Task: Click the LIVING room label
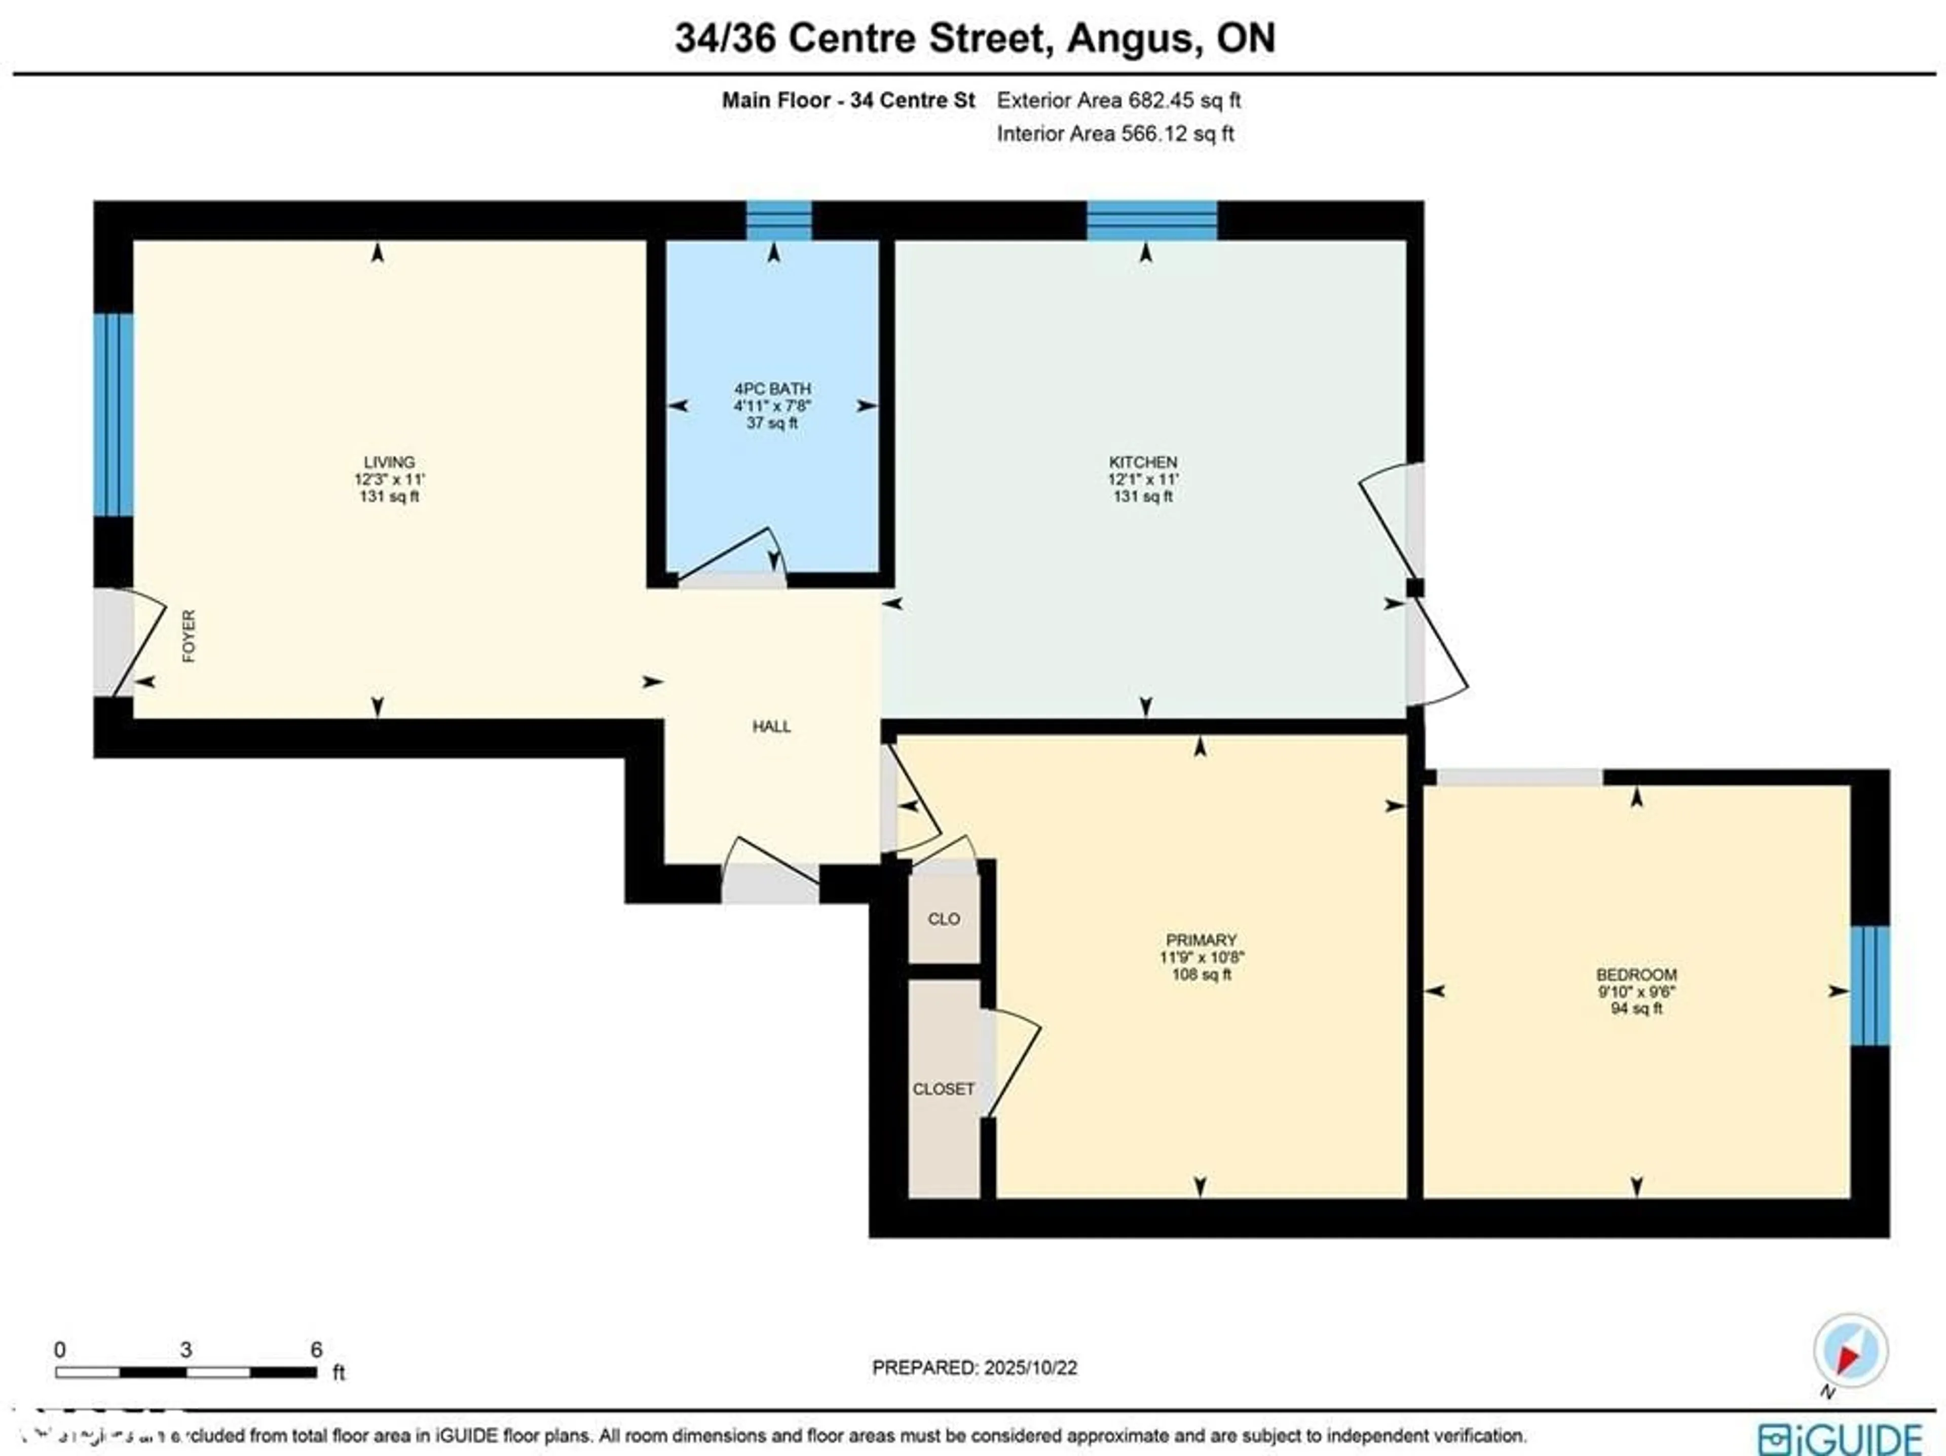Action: (x=389, y=462)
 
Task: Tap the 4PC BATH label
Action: (x=772, y=389)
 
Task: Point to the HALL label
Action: (x=771, y=727)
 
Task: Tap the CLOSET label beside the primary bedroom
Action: (x=943, y=1089)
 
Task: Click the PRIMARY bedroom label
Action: (x=1201, y=940)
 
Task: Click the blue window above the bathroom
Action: (x=778, y=220)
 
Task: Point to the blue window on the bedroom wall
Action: (x=1869, y=985)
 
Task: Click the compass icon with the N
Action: (x=1850, y=1351)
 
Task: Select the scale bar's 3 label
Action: (x=185, y=1350)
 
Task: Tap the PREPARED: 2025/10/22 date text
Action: (x=974, y=1368)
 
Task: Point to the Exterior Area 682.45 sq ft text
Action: (x=1118, y=100)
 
